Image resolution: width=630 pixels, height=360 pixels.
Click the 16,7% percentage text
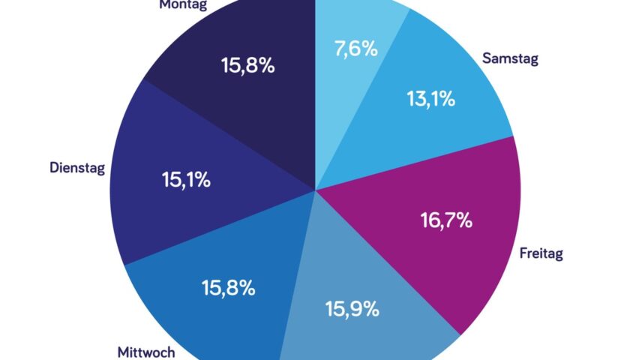[x=445, y=220]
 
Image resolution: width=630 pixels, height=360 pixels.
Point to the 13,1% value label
[x=430, y=99]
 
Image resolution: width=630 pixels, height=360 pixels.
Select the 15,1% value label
[x=186, y=180]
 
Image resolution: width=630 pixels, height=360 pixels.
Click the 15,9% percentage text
[x=352, y=308]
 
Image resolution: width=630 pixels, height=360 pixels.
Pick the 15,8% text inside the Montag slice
[x=247, y=66]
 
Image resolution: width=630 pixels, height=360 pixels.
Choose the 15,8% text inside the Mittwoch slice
[x=229, y=287]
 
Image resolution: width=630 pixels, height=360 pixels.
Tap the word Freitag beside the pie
[x=541, y=253]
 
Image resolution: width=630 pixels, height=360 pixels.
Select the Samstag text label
[x=510, y=58]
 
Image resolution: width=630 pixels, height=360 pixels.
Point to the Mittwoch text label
[x=146, y=351]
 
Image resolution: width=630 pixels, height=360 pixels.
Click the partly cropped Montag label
[x=183, y=4]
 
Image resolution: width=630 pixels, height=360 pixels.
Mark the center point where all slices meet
[x=315, y=188]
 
